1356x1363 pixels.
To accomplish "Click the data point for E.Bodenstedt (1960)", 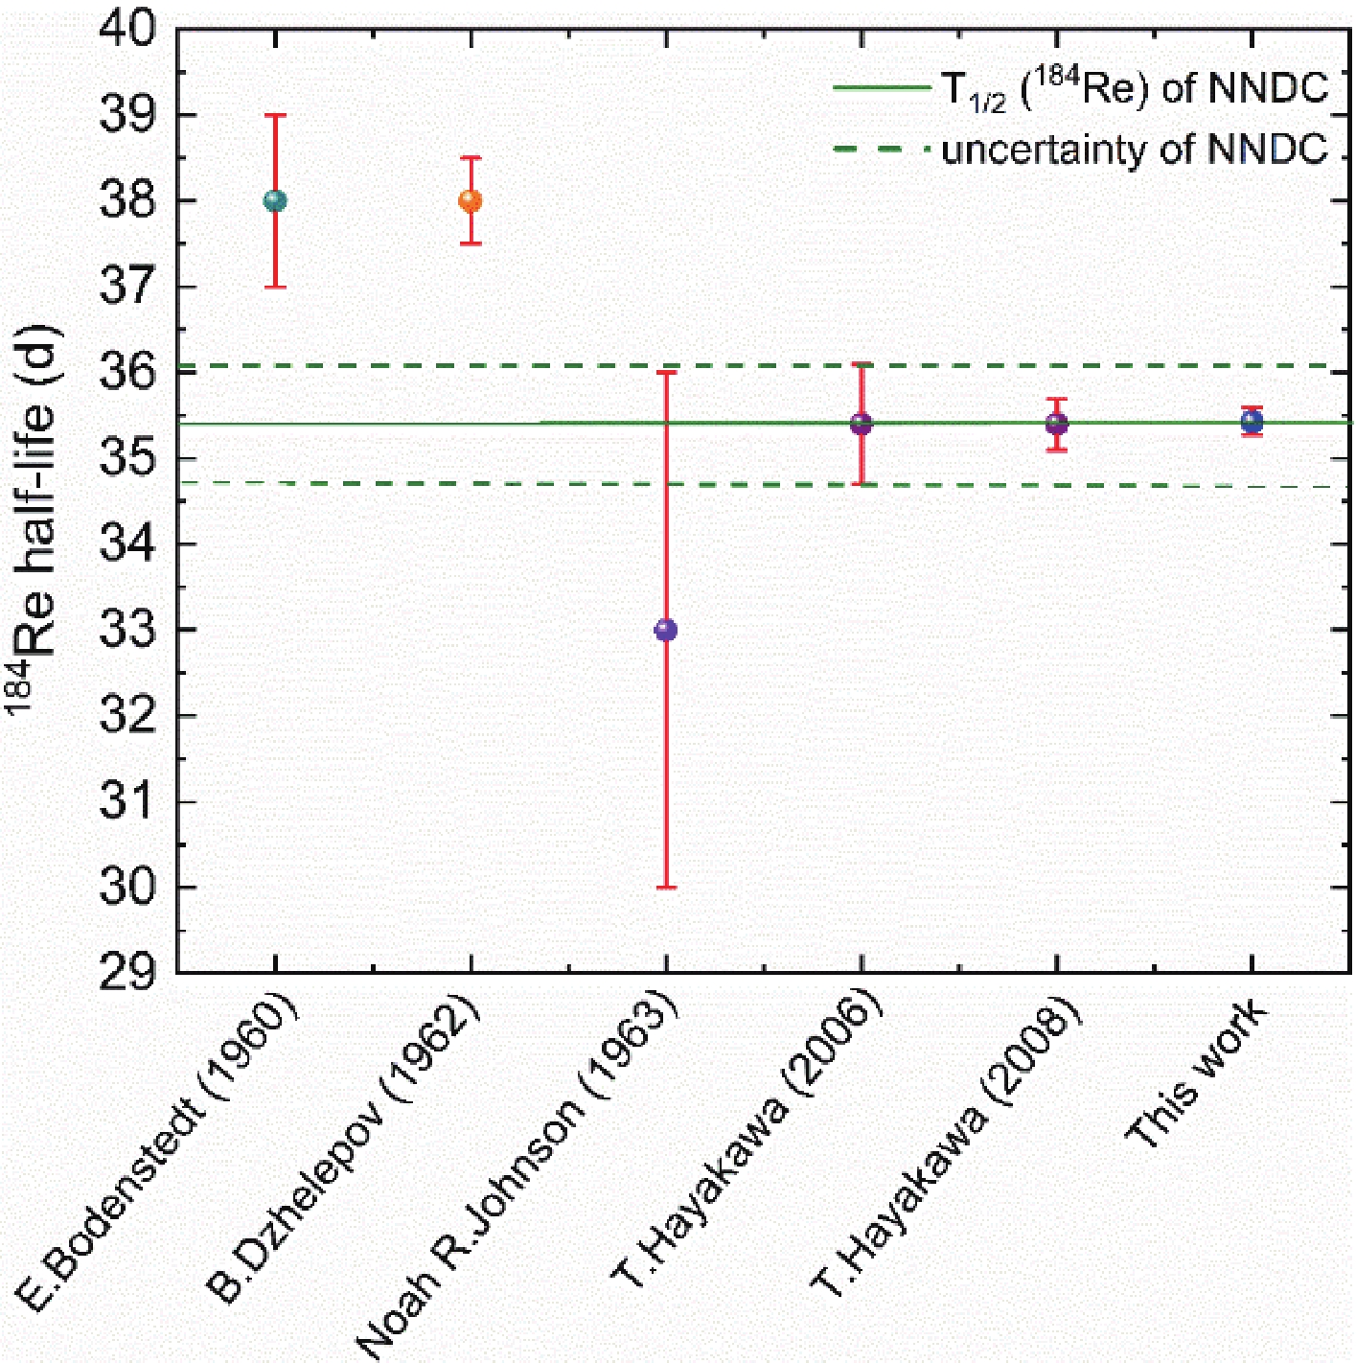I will tap(275, 200).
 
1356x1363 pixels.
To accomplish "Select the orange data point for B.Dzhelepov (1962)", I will tap(470, 200).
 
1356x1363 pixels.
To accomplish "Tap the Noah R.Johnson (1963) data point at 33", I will tap(665, 630).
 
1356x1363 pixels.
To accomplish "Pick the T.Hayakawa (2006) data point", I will tap(861, 424).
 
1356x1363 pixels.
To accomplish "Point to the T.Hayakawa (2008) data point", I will tap(1056, 424).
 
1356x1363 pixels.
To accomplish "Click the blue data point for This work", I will tap(1252, 422).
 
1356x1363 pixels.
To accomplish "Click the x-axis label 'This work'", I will tap(1198, 1074).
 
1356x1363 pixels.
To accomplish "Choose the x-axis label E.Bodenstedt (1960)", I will tap(158, 1150).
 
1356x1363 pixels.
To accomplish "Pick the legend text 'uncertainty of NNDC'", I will tap(1135, 150).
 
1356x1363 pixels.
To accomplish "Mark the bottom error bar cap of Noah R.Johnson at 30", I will tap(665, 888).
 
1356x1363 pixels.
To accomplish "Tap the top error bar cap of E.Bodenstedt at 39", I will tap(275, 115).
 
